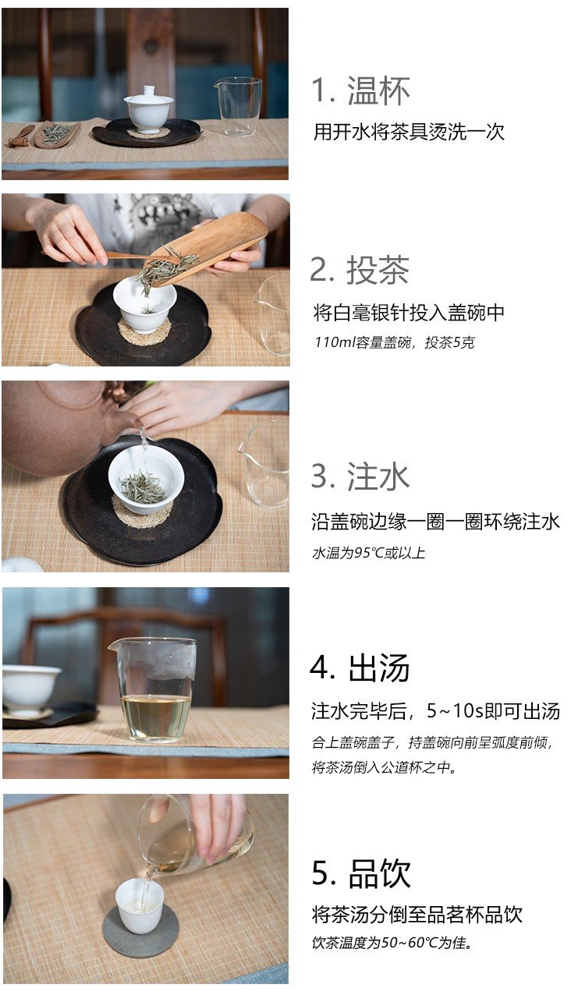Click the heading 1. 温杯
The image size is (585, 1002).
(360, 90)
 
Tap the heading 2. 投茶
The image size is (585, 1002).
(360, 270)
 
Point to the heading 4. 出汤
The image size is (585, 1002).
(360, 667)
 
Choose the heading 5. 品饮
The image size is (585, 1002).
(361, 873)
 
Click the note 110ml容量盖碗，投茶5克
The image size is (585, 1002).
(394, 342)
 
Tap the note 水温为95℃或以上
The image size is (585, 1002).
(368, 553)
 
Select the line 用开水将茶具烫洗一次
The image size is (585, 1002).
(409, 132)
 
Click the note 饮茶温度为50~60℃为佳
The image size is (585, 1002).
(392, 943)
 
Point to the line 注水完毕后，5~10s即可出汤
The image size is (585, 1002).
(435, 711)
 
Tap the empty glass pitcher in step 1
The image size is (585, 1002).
(238, 106)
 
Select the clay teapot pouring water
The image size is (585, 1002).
(62, 425)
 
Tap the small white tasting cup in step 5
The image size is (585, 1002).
(139, 906)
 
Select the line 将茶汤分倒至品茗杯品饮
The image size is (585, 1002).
(417, 915)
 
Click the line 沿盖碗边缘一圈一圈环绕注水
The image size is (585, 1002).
(435, 522)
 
